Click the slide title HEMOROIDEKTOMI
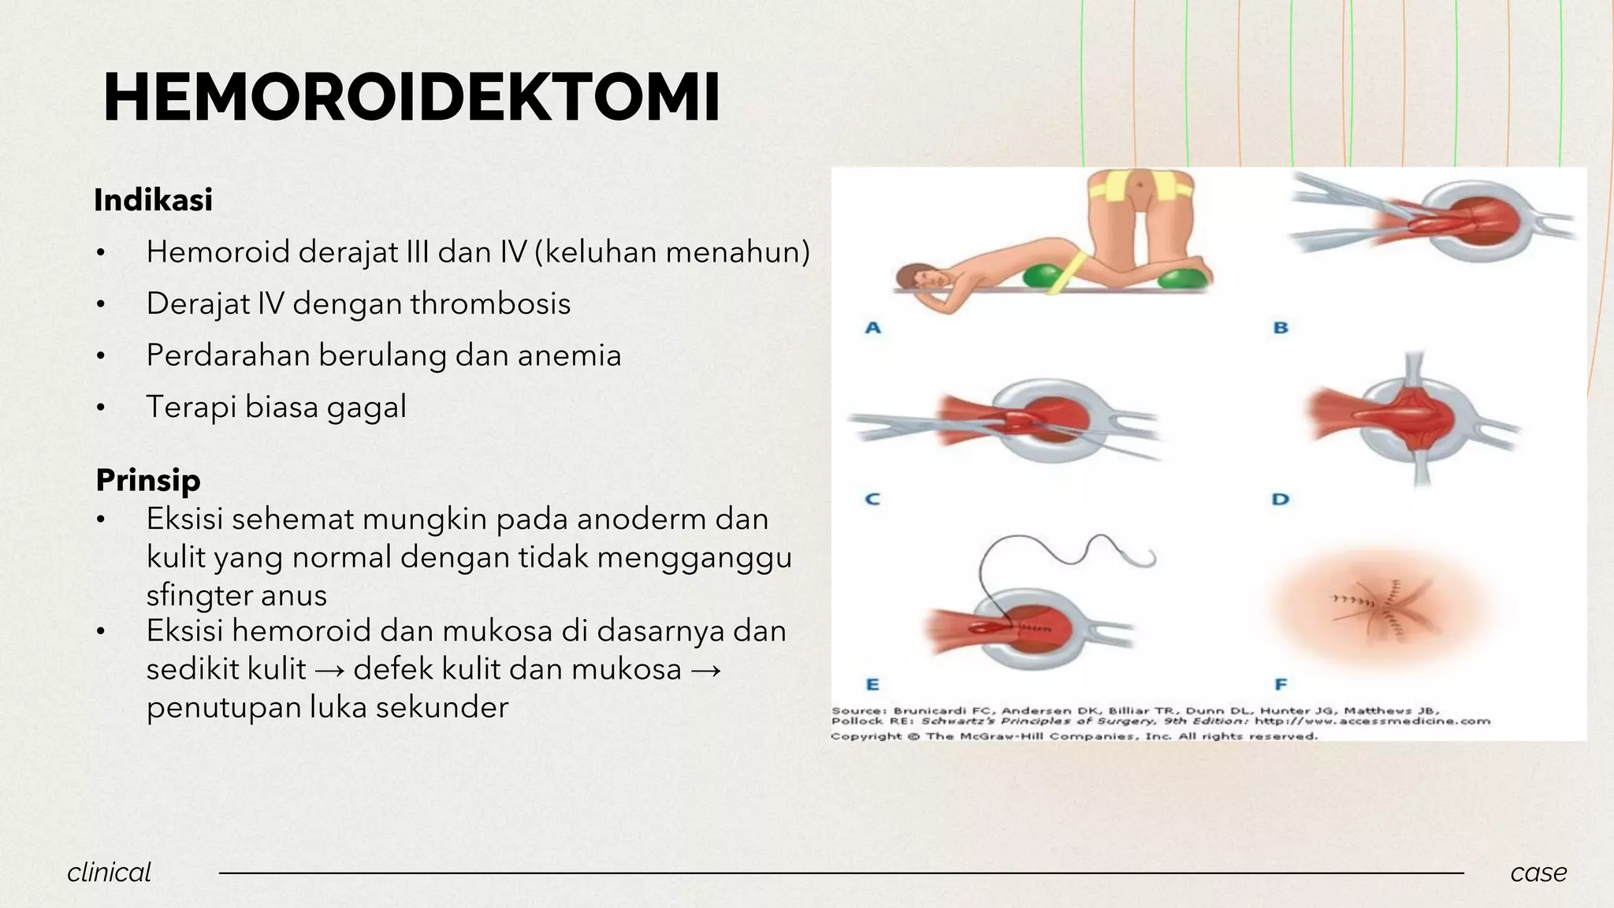point(411,98)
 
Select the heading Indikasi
point(153,200)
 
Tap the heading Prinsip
point(148,480)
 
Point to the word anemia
point(569,355)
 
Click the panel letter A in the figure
point(872,327)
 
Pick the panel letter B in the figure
point(1281,327)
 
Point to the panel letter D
point(1280,499)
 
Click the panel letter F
point(1280,684)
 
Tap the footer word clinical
point(109,873)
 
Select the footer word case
point(1538,873)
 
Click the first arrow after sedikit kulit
point(329,670)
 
